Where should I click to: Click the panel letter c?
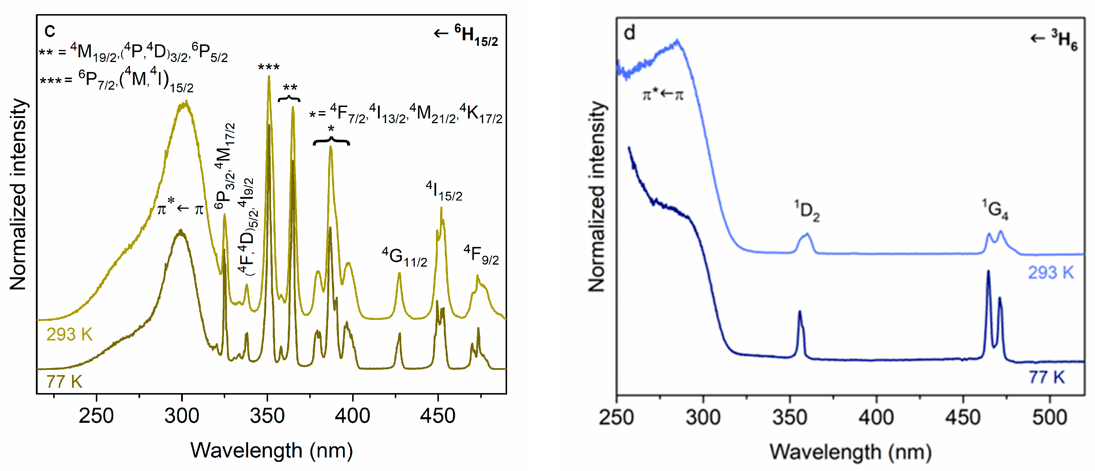coord(50,31)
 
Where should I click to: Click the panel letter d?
coord(629,33)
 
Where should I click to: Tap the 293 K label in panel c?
coord(69,335)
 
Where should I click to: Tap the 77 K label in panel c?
coord(64,382)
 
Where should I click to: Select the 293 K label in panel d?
coord(1050,273)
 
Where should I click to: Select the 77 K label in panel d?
coord(1046,377)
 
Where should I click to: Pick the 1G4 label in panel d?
coord(995,210)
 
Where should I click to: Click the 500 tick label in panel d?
coord(1049,417)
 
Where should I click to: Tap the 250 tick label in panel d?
coord(616,417)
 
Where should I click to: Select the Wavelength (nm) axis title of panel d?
coord(850,452)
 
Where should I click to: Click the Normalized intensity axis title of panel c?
coord(18,195)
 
